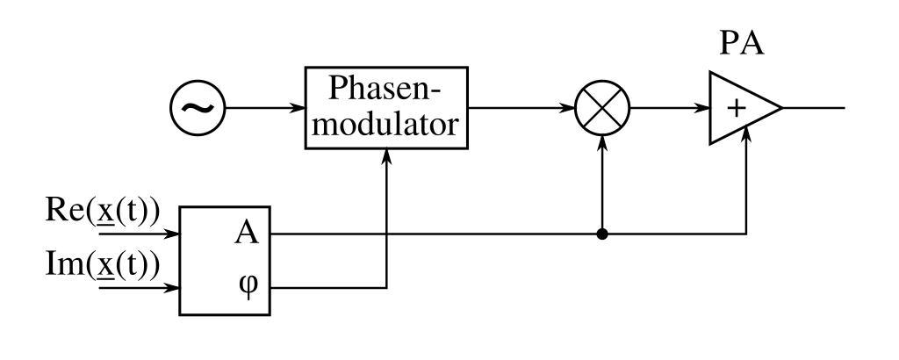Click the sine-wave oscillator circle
pos(197,110)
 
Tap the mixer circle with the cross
pos(601,110)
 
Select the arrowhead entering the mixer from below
pos(601,143)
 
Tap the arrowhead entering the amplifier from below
pos(746,133)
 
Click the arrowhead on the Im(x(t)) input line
pos(174,286)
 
